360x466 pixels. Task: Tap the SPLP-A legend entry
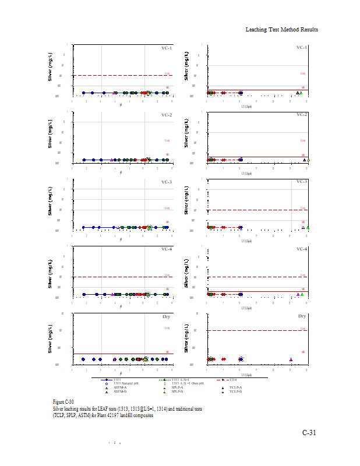179,387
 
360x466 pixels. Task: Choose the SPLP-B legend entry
179,391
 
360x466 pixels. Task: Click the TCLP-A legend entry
235,387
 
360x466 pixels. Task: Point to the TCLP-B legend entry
235,391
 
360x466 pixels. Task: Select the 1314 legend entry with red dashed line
232,379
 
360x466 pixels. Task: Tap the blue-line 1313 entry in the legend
117,379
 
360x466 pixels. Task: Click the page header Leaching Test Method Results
282,29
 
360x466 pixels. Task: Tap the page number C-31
309,433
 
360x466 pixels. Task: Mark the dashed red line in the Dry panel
256,330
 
